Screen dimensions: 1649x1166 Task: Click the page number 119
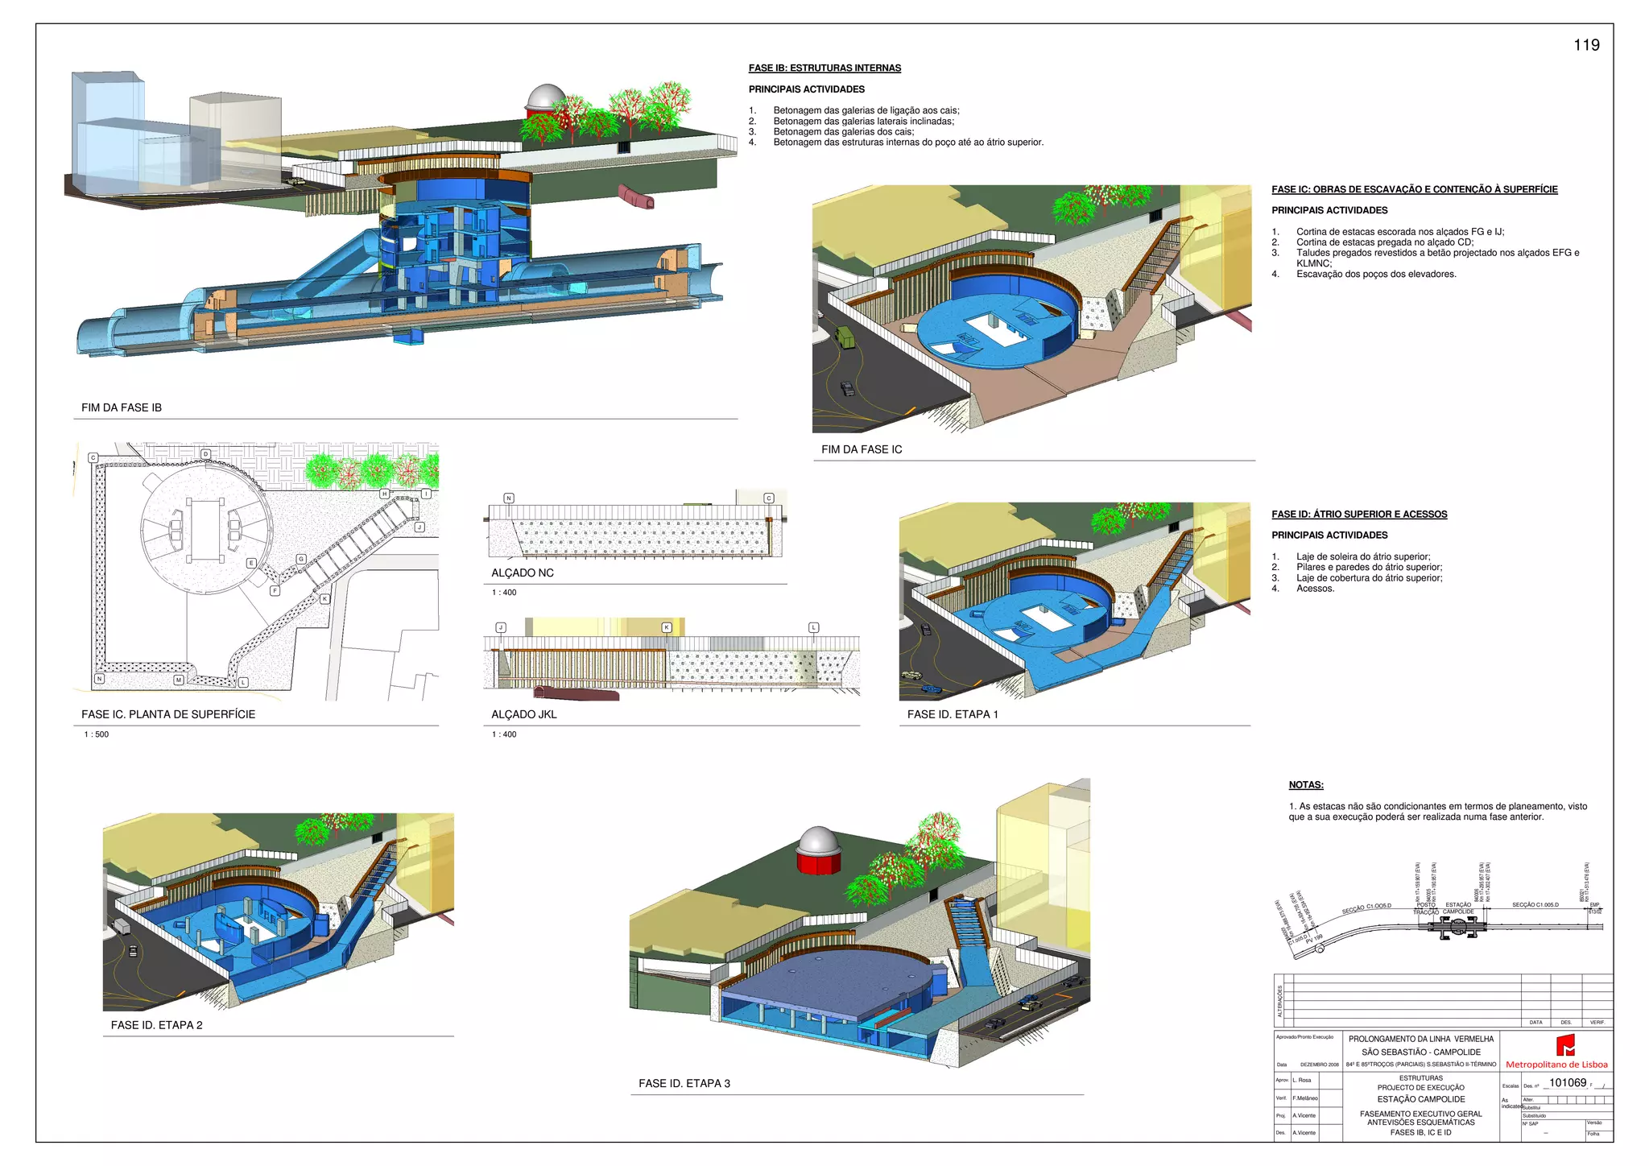tap(1586, 45)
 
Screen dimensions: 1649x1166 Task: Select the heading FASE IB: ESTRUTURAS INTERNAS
tap(824, 68)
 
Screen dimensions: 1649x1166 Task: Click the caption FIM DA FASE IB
tap(122, 407)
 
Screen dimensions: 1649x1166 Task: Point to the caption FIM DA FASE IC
tap(862, 449)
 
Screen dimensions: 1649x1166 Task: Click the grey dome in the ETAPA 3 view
tap(818, 841)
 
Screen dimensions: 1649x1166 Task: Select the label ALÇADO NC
tap(523, 573)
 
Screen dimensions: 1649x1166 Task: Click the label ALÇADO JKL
tap(524, 714)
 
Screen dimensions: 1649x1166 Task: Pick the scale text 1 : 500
tap(97, 734)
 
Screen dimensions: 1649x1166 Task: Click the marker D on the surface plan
tap(206, 454)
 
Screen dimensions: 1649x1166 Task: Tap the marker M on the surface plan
tap(179, 680)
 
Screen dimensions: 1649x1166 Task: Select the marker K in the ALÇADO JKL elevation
tap(667, 627)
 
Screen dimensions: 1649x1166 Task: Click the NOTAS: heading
tap(1306, 785)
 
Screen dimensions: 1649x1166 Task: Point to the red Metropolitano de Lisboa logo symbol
tap(1564, 1045)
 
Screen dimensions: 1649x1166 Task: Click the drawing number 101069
tap(1568, 1083)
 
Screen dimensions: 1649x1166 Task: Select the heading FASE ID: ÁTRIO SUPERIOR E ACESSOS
tap(1359, 514)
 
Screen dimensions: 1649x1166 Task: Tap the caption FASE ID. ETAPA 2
tap(157, 1025)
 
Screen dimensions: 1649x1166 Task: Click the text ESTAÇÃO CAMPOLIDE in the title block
tap(1421, 1099)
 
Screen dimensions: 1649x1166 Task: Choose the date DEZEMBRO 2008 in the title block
tap(1319, 1065)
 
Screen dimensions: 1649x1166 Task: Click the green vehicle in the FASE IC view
tap(845, 335)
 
